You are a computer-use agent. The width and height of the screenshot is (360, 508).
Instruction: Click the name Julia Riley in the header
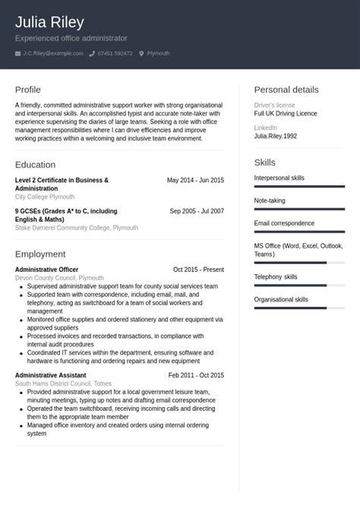[49, 22]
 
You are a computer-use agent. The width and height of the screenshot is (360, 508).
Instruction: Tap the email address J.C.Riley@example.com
[53, 53]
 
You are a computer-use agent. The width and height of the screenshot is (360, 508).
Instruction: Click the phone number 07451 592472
[115, 53]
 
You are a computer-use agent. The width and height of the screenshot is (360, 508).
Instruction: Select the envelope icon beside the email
[17, 53]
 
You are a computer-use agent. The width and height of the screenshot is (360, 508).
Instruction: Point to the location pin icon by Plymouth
[141, 53]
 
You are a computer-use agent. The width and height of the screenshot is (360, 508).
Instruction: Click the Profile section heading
[28, 90]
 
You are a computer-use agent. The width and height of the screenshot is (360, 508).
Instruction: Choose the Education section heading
[35, 165]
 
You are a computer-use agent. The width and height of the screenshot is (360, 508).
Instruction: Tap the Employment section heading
[40, 254]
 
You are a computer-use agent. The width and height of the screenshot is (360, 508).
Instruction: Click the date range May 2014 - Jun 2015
[195, 180]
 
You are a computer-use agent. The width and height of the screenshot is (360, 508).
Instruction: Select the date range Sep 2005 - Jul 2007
[197, 211]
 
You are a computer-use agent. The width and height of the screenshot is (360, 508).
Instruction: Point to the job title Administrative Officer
[46, 270]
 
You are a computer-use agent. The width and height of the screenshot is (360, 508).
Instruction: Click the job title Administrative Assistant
[50, 375]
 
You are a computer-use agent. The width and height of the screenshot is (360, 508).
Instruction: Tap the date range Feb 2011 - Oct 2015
[196, 375]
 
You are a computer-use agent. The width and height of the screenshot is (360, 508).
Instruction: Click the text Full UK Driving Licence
[286, 113]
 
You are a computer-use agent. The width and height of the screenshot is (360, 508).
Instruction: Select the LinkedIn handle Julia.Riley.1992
[276, 136]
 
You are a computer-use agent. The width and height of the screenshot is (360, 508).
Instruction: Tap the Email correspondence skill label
[284, 223]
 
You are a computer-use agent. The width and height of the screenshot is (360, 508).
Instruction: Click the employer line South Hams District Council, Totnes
[63, 383]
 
